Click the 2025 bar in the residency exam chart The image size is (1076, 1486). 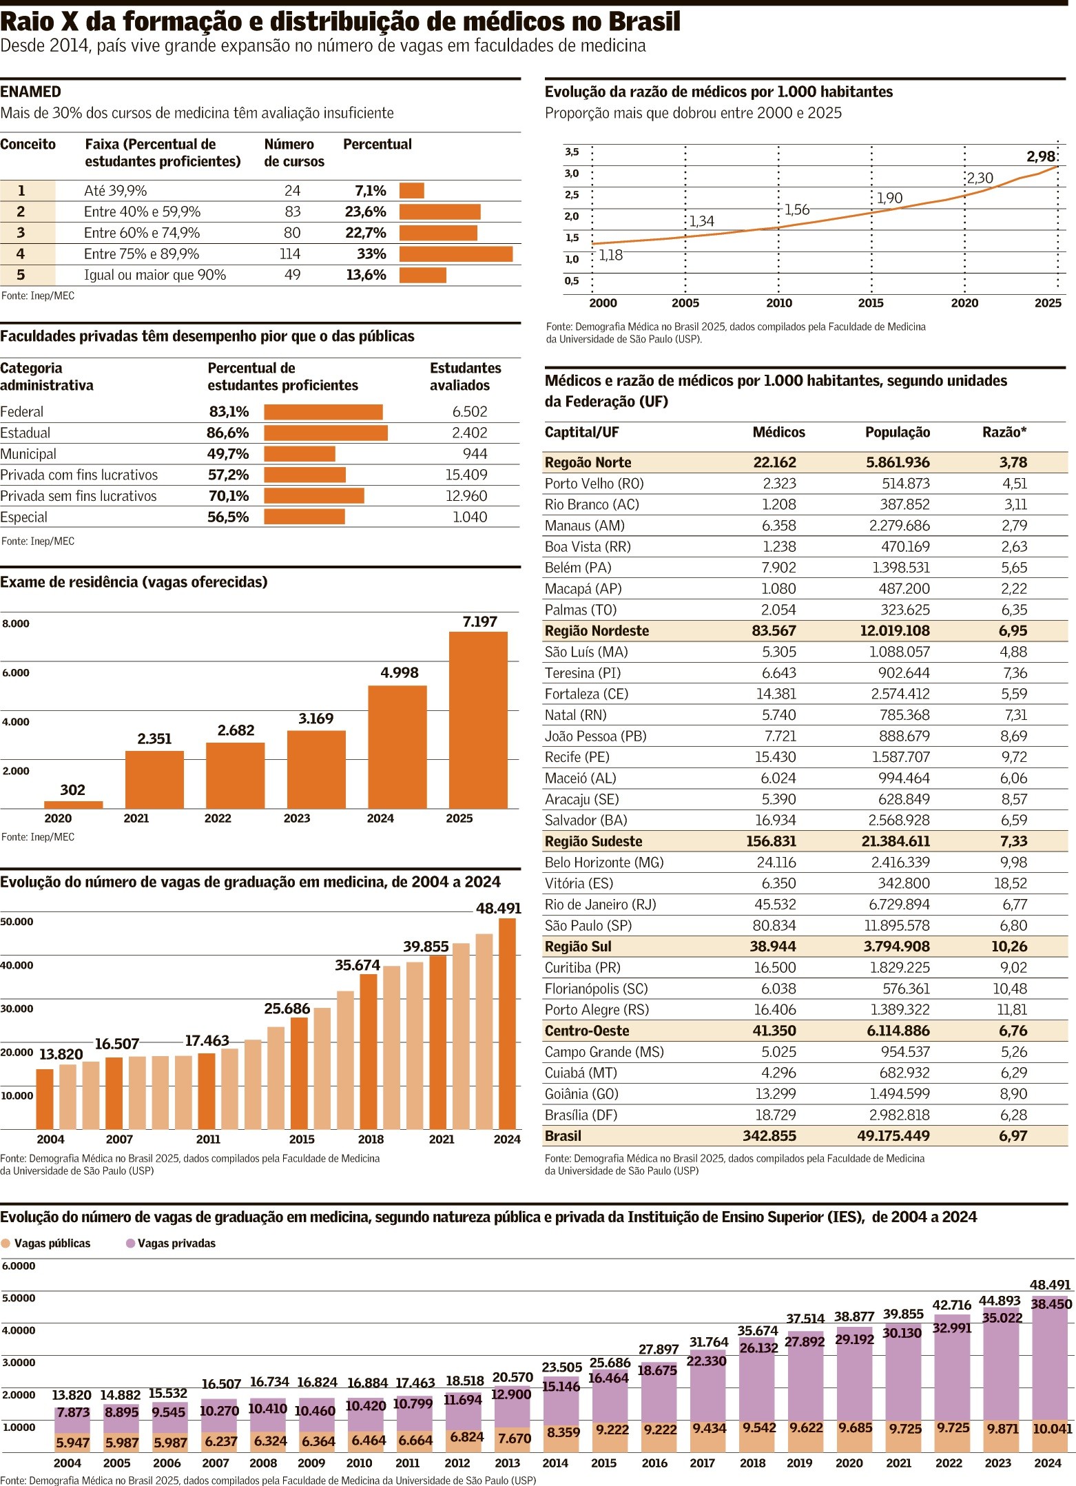tap(478, 719)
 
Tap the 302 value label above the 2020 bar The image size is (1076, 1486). tap(73, 790)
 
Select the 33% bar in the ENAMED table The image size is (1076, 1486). tap(456, 254)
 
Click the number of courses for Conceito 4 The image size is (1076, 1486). tap(290, 254)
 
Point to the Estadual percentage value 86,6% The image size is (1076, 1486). tap(228, 433)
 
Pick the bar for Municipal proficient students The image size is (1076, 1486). tap(300, 454)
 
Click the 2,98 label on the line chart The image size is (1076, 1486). tap(1040, 156)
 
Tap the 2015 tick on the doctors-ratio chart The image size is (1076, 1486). tap(871, 303)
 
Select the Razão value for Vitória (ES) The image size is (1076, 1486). tap(1011, 883)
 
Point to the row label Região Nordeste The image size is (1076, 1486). tap(597, 631)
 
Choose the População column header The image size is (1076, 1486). tap(897, 433)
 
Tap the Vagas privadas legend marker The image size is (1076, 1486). tap(130, 1244)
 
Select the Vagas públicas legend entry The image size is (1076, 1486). tap(52, 1244)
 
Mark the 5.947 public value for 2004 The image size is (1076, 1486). tap(73, 1443)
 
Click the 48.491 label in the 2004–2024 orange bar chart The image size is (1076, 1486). tap(498, 909)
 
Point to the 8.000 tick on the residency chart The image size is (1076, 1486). tap(16, 624)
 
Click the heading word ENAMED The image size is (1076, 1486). tap(31, 92)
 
